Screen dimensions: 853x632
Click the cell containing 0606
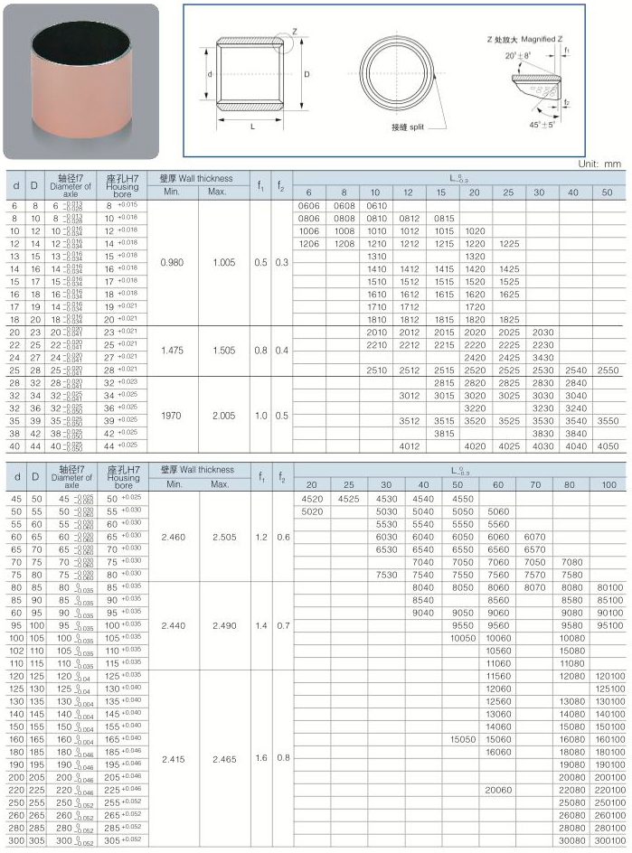(x=308, y=206)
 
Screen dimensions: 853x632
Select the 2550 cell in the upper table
(x=608, y=370)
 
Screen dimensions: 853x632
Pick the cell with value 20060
(x=498, y=789)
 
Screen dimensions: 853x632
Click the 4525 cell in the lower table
(x=348, y=498)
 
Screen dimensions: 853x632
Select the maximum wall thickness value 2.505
(x=223, y=537)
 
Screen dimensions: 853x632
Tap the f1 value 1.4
(x=261, y=625)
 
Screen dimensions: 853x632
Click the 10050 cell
(x=463, y=637)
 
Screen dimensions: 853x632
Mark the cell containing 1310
(x=376, y=257)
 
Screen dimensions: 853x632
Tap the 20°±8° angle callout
(x=519, y=56)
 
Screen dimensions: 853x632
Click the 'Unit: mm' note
(x=600, y=164)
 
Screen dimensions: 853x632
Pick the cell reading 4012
(x=410, y=445)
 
